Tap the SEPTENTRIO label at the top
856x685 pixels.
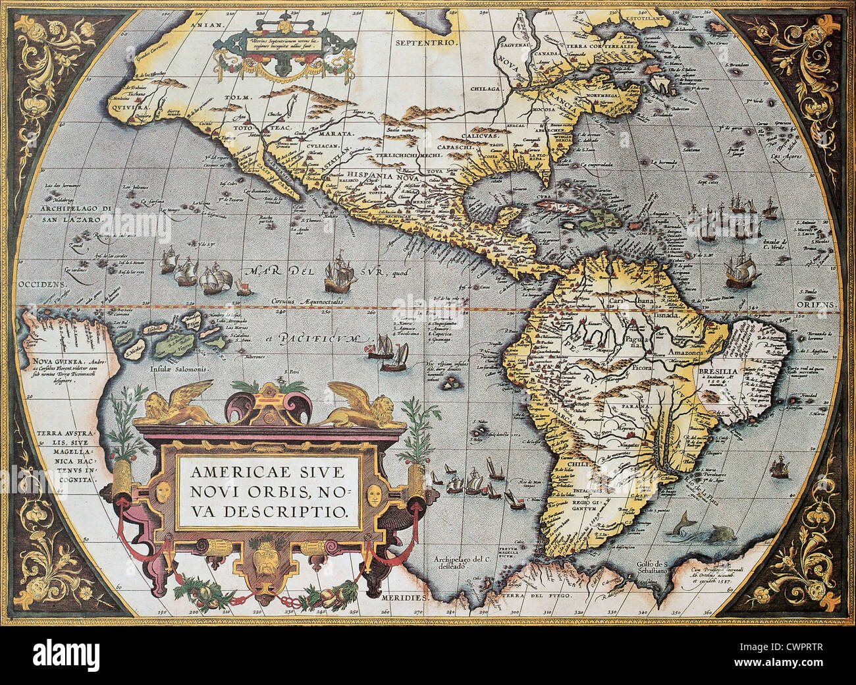427,41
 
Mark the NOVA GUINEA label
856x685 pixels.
53,361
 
